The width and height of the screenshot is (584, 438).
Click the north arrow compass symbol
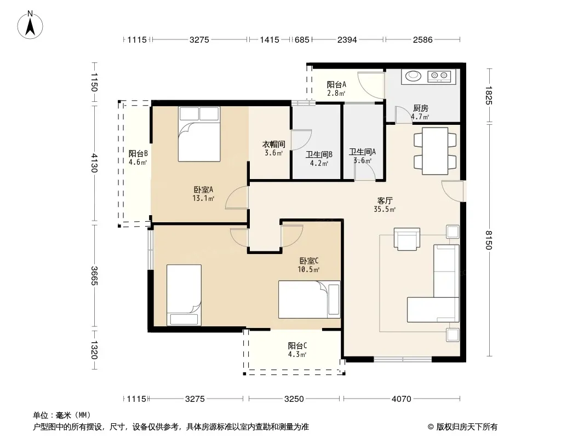point(30,25)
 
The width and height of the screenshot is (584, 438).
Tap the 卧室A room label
point(203,190)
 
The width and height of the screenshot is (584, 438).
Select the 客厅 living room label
point(385,201)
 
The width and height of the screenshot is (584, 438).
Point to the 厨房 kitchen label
point(421,108)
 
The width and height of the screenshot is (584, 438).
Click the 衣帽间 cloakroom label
point(274,145)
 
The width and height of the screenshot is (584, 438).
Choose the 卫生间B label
point(319,154)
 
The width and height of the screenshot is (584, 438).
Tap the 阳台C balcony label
point(297,345)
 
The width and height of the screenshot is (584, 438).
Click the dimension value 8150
point(489,240)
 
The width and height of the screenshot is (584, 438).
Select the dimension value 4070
point(401,399)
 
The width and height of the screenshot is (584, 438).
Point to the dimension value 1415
point(270,39)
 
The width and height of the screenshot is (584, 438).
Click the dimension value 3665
point(94,276)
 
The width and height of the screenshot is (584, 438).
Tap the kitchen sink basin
point(413,76)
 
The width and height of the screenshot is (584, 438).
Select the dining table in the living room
point(435,151)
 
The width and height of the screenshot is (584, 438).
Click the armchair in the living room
point(406,239)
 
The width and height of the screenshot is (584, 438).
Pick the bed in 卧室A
point(199,134)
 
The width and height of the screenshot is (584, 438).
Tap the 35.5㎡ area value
point(385,210)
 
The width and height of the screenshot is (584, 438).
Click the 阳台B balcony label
point(138,153)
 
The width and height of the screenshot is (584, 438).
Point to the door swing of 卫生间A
point(365,171)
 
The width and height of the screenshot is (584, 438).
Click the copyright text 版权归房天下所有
point(467,427)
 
